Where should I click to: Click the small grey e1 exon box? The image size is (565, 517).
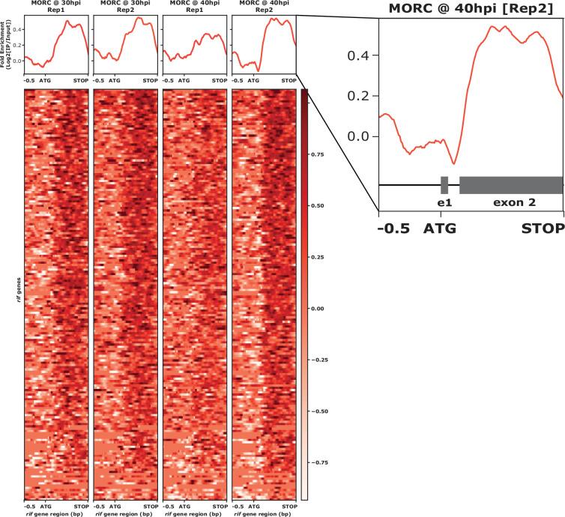[x=444, y=185]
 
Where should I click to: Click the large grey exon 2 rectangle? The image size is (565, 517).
[x=510, y=185]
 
